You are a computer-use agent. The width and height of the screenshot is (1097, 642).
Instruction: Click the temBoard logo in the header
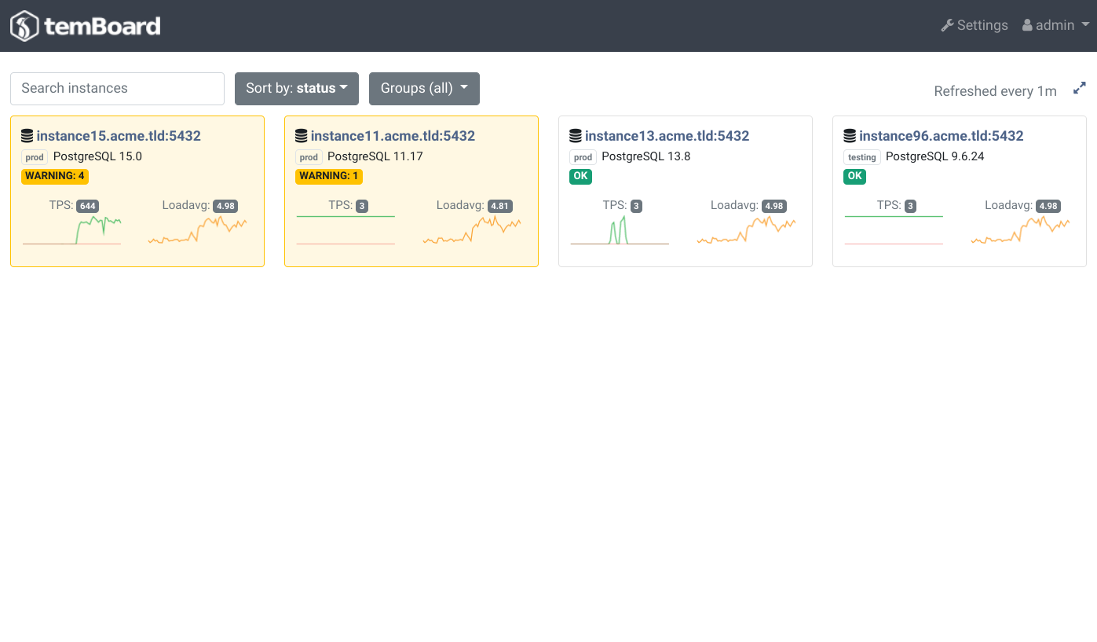tap(86, 26)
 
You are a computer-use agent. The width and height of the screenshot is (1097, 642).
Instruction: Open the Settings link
tap(975, 25)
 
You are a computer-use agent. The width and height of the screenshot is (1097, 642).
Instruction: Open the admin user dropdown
tap(1055, 25)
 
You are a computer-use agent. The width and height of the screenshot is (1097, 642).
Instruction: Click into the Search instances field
tap(117, 89)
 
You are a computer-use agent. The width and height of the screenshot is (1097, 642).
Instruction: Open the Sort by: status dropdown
tap(297, 89)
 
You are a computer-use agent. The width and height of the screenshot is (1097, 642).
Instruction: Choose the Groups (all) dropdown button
tap(424, 89)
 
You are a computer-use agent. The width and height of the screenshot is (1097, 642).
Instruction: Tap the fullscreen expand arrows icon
tap(1080, 88)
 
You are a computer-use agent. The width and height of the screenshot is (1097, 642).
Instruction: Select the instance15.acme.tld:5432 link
tap(119, 136)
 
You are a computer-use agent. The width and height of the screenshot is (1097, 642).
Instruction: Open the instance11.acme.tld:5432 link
tap(393, 136)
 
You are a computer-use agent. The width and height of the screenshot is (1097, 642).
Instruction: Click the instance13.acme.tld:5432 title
tap(667, 136)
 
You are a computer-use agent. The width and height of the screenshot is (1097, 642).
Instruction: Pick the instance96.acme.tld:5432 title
tap(942, 136)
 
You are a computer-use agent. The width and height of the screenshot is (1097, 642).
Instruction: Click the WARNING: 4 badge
tap(55, 177)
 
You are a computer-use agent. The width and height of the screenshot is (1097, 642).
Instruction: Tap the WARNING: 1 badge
tap(328, 177)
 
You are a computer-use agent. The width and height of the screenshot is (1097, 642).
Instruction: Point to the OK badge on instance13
tap(580, 177)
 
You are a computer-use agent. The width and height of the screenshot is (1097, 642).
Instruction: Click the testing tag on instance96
tap(862, 157)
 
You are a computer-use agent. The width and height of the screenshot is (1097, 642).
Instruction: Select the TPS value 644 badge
tap(88, 207)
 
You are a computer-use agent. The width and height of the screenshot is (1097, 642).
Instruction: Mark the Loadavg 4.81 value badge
tap(500, 207)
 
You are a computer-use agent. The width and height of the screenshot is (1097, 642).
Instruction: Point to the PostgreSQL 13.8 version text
tap(646, 157)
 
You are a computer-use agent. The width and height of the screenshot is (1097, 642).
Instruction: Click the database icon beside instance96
tap(850, 136)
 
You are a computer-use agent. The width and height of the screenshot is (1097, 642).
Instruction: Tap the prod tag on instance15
tap(35, 157)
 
